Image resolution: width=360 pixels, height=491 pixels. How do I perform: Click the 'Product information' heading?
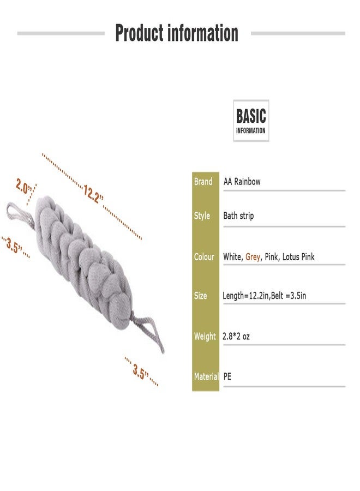pos(177,33)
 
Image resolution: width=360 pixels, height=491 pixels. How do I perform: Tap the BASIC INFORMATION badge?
pos(251,121)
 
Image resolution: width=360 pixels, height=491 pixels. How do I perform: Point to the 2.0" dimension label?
pos(25,187)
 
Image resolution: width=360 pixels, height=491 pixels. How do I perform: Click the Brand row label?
pos(203,182)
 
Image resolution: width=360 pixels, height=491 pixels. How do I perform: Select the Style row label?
pos(202,215)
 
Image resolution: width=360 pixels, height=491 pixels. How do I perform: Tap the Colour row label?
pos(204,257)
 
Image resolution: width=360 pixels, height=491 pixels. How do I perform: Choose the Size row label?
pos(200,296)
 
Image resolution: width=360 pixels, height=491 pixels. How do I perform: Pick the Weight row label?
pos(205,336)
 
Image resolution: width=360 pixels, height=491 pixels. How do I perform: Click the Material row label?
pos(206,376)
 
